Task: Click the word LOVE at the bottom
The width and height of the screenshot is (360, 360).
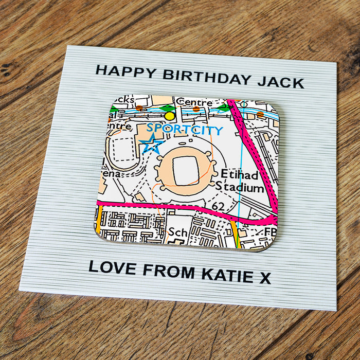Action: tap(111, 268)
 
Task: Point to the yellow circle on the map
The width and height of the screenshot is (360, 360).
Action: tap(170, 116)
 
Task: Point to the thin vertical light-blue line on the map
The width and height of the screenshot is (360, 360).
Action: tap(240, 170)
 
